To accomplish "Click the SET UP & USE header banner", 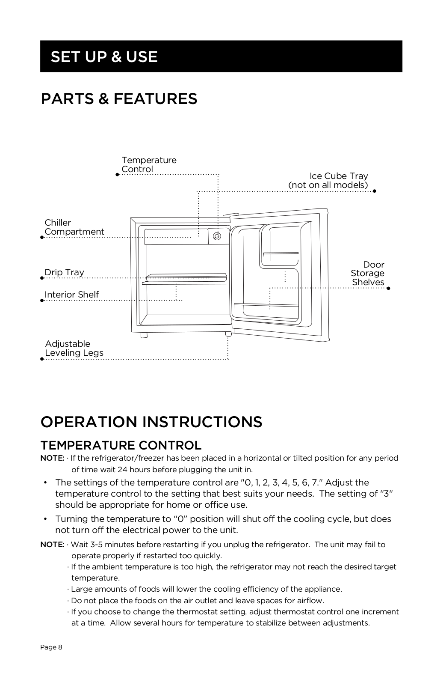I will coord(221,56).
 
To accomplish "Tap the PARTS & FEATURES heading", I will coord(119,98).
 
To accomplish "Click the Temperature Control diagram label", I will coord(148,164).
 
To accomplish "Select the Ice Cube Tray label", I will coord(328,180).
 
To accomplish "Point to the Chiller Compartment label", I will coord(74,227).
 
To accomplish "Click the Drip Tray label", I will coord(64,272).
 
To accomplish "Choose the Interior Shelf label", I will coord(71,295).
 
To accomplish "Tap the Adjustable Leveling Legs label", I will coord(74,348).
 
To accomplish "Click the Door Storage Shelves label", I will coord(367,273).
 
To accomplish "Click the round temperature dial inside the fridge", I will coord(217,236).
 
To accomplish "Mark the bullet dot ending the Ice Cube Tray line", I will coord(374,191).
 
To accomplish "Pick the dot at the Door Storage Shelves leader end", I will coord(388,288).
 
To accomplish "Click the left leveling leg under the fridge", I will coord(144,335).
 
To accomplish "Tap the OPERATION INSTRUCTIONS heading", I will coord(151,422).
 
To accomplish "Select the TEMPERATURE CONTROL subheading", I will coord(121,445).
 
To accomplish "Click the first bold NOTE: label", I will coord(52,458).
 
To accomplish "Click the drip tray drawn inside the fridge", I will coord(186,277).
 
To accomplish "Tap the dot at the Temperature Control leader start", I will coord(117,174).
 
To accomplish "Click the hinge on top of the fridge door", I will coord(230,215).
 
